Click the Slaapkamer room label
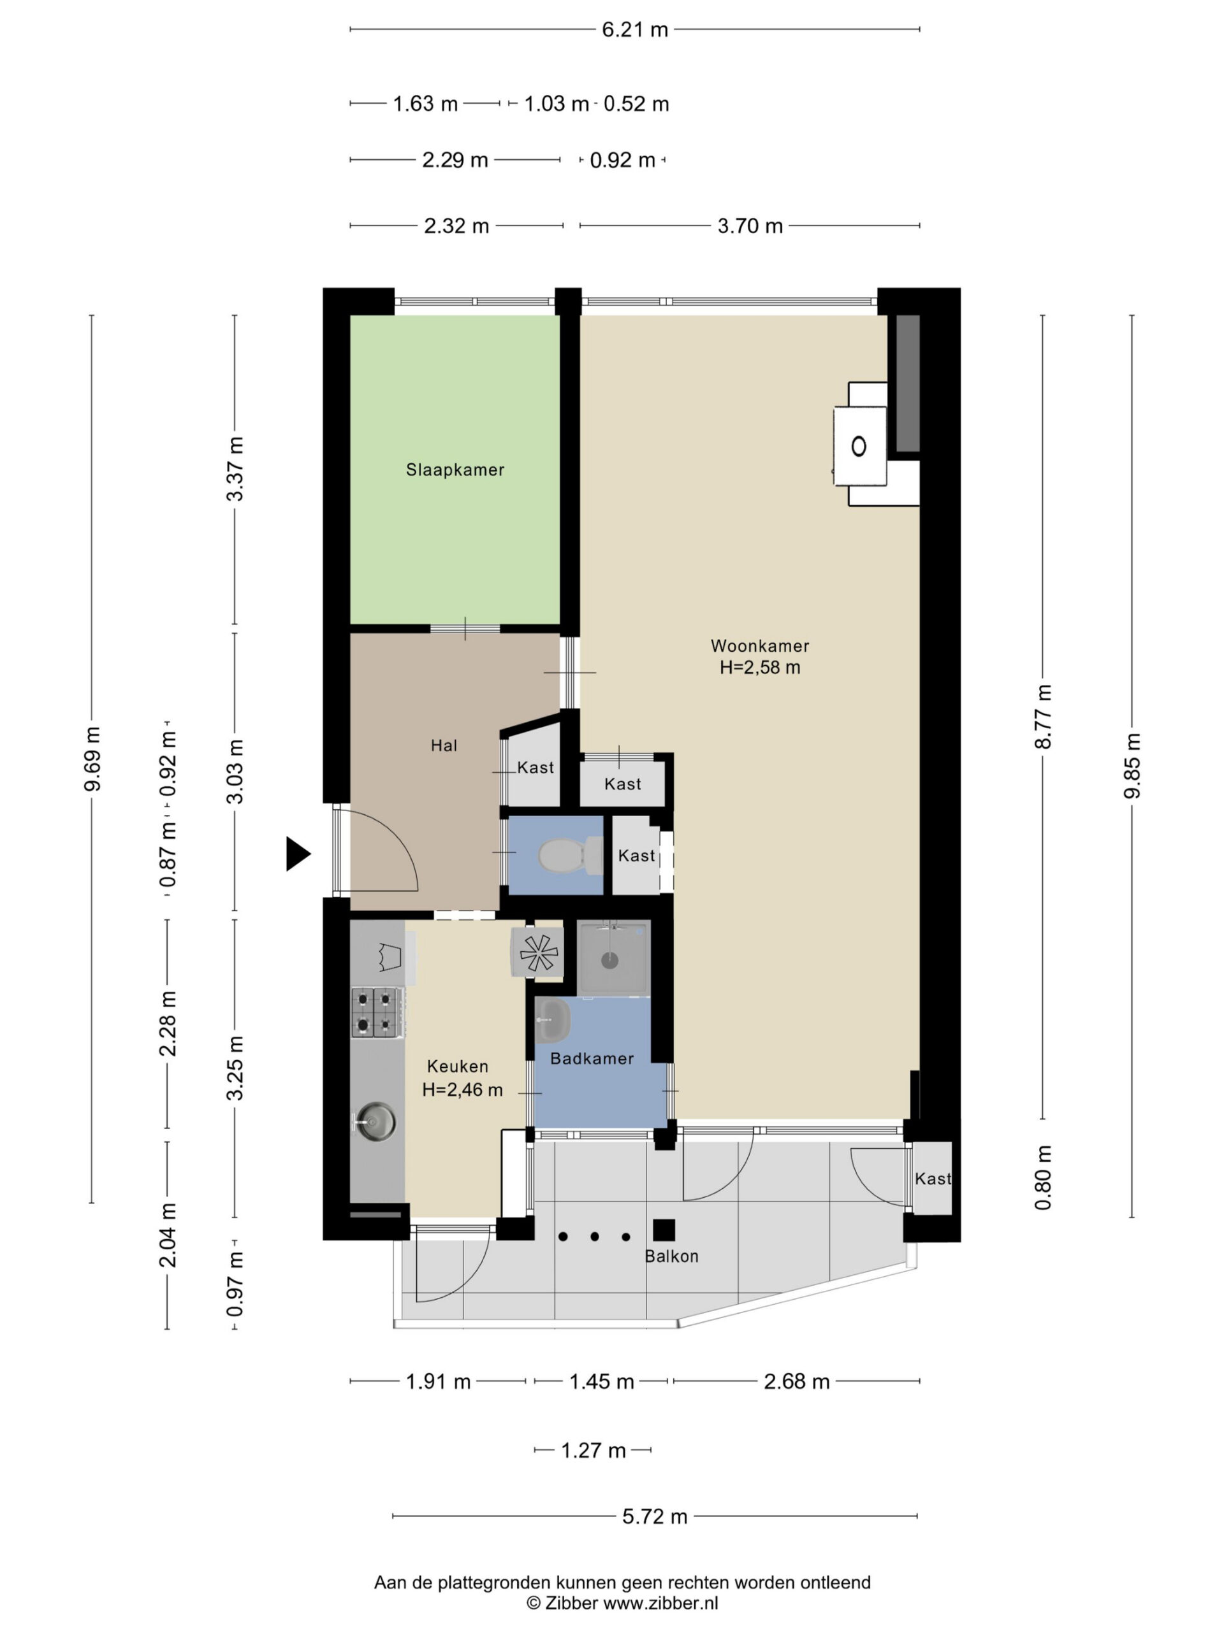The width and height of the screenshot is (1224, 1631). click(455, 470)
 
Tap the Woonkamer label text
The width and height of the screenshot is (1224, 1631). click(759, 646)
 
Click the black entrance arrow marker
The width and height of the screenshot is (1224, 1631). click(298, 854)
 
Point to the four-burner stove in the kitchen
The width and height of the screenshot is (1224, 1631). click(377, 1012)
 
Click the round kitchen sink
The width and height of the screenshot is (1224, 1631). click(376, 1121)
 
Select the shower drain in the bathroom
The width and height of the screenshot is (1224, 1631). click(609, 960)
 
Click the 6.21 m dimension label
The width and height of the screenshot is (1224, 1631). click(634, 29)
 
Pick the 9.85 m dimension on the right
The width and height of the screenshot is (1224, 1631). click(1132, 765)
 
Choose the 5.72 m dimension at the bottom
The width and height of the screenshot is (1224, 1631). click(655, 1516)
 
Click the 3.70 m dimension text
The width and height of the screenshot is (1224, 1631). click(750, 226)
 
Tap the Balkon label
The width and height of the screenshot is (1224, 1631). click(671, 1256)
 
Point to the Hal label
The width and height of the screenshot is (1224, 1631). click(444, 745)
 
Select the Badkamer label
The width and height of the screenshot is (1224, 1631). click(592, 1058)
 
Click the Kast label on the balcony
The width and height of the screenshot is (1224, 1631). click(933, 1178)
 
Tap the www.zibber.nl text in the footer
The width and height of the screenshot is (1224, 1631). click(660, 1602)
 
